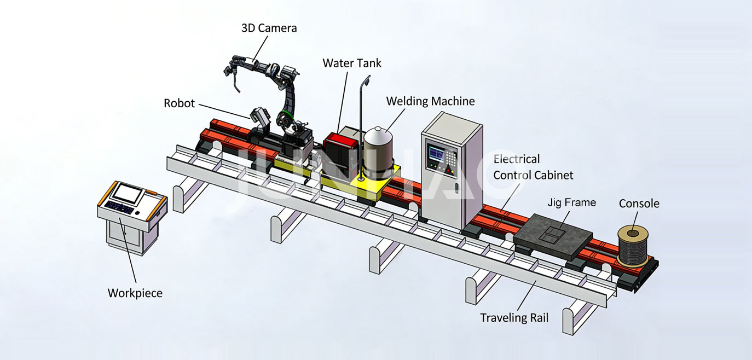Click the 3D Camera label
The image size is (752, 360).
tap(269, 28)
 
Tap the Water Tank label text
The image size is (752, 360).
tap(352, 63)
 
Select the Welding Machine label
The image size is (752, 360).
tap(430, 101)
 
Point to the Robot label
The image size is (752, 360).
tap(179, 103)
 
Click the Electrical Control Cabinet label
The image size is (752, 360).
tap(533, 167)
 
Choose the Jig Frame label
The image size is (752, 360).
tap(571, 202)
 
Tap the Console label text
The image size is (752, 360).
tap(639, 204)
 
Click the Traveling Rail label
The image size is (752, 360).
tap(513, 317)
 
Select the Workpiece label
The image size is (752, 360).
tap(135, 293)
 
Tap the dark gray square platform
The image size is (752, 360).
tap(553, 235)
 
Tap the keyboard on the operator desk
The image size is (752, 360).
tap(119, 207)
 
